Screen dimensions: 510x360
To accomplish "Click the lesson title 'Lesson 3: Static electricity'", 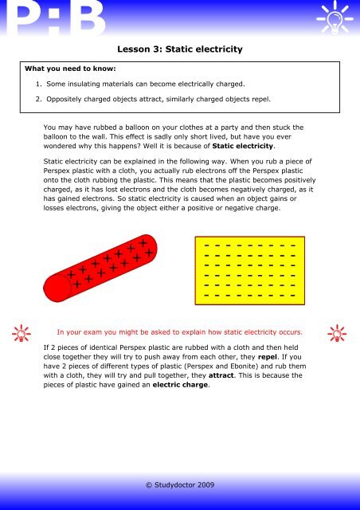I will click(179, 49).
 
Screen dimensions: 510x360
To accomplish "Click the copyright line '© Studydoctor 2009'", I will click(179, 484).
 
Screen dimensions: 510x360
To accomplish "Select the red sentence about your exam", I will click(179, 331).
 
